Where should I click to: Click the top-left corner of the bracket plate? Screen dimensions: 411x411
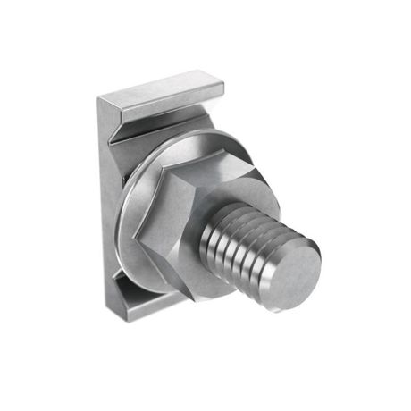[99, 96]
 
